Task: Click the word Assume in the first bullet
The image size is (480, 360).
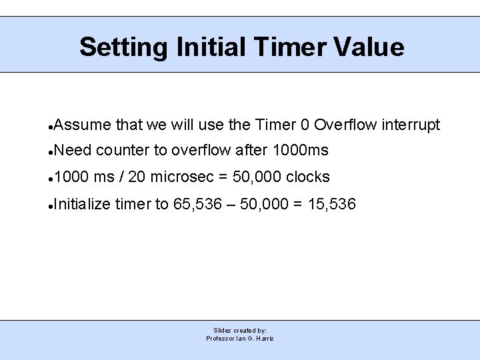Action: click(82, 125)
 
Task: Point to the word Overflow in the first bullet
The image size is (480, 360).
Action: click(344, 125)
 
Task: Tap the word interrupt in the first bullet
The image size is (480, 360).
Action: click(410, 125)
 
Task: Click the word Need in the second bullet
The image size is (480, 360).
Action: click(71, 151)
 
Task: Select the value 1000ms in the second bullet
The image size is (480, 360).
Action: click(301, 151)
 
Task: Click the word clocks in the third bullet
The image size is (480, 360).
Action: click(308, 177)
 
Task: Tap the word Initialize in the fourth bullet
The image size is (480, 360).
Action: click(82, 204)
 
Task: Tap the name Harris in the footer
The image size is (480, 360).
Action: click(264, 339)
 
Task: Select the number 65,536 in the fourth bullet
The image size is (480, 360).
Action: click(193, 204)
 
